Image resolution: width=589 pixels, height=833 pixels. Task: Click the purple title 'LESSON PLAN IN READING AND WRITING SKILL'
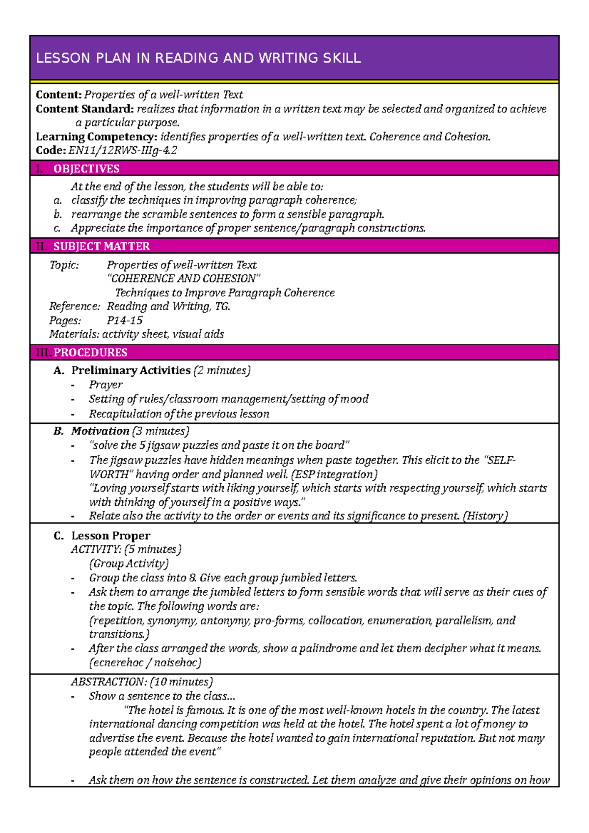[198, 58]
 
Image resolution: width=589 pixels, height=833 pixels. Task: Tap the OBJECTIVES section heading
[86, 169]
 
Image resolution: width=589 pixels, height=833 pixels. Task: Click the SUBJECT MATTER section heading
[102, 246]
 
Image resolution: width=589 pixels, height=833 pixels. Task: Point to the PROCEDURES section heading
[90, 353]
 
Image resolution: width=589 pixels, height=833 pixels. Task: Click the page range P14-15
[125, 321]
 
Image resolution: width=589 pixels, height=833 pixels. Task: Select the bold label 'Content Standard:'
[84, 109]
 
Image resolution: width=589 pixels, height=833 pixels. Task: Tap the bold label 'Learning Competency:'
[96, 137]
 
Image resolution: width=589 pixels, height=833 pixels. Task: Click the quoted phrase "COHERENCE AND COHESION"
[184, 279]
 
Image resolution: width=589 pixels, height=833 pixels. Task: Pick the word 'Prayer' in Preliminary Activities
[106, 385]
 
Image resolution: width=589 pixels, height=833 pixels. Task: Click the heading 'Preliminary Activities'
[131, 370]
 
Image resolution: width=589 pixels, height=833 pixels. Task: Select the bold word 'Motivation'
[100, 431]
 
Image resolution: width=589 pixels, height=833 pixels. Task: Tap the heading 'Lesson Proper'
[111, 536]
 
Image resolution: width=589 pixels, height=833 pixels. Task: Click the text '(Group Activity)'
[129, 564]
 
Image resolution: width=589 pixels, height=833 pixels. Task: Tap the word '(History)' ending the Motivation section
[485, 516]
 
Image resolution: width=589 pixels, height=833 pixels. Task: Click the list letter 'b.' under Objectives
[58, 214]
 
